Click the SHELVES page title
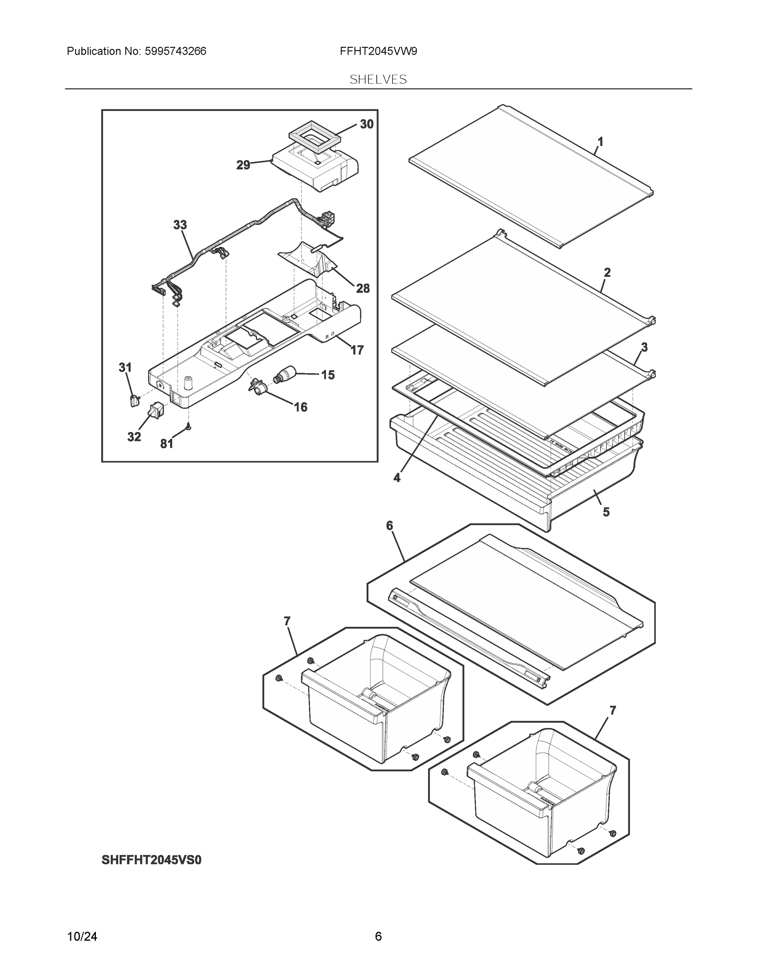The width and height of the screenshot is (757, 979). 378,80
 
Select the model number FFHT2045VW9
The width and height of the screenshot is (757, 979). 378,51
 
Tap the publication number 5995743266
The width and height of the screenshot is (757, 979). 175,51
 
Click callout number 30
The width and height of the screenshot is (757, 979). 366,124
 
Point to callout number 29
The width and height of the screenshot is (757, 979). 243,165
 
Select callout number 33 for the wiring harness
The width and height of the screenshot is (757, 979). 180,225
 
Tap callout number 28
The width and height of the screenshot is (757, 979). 363,288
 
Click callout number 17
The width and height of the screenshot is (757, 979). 357,350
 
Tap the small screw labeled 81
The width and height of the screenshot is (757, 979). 189,427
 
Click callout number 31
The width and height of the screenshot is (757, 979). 125,368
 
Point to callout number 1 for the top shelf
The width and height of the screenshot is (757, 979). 600,142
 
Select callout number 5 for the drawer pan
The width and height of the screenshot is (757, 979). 606,512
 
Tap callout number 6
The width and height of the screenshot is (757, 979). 389,525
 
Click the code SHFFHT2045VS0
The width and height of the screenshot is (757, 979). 151,860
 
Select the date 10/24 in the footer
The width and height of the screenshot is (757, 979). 82,937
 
